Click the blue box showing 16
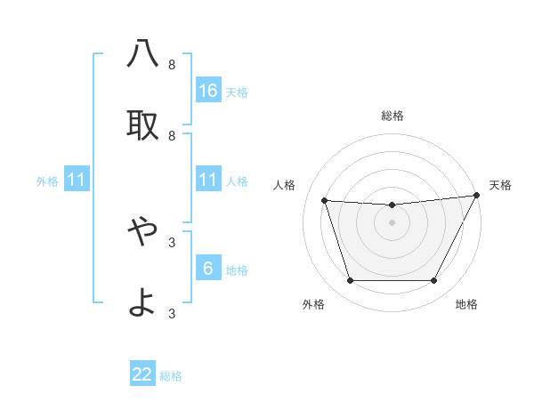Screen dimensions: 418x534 click(x=208, y=91)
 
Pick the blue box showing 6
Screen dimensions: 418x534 click(x=208, y=269)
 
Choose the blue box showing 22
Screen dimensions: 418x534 click(x=142, y=374)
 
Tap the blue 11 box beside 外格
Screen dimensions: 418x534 click(x=77, y=180)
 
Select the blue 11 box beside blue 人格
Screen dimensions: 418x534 click(x=208, y=180)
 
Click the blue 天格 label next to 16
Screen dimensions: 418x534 click(x=237, y=92)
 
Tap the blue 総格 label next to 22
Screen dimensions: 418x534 click(x=171, y=376)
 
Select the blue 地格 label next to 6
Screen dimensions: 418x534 click(x=237, y=270)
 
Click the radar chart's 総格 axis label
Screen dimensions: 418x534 click(x=392, y=116)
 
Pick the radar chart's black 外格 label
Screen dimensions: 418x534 click(x=313, y=304)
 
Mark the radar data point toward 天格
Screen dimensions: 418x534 click(x=477, y=195)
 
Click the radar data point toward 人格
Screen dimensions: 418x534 click(x=325, y=200)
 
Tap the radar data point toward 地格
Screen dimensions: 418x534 click(x=433, y=281)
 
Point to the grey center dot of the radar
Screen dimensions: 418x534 click(x=392, y=222)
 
